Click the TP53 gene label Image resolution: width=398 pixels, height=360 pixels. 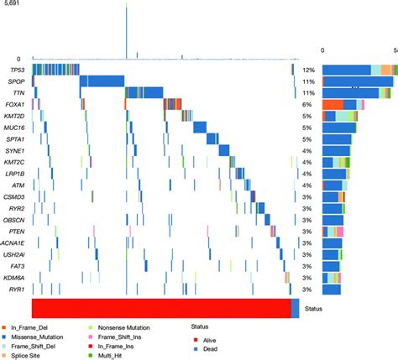click(16, 70)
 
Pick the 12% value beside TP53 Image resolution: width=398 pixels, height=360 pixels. click(307, 70)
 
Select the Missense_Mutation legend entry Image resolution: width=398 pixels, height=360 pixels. click(37, 333)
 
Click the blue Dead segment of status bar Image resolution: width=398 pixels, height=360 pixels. click(295, 308)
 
